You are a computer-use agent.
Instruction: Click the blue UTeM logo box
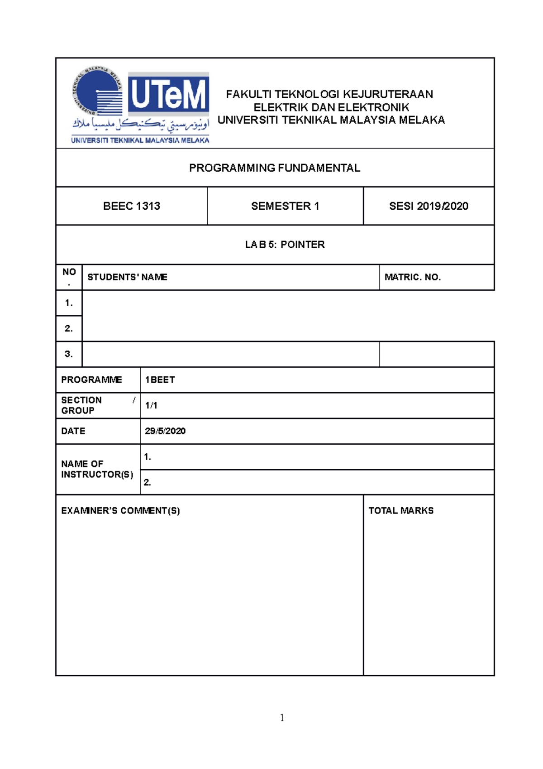point(168,94)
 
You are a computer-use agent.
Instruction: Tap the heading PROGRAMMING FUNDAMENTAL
point(274,168)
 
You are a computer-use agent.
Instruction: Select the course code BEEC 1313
point(131,206)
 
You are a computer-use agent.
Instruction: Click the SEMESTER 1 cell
point(285,206)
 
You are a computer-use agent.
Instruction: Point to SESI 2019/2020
point(428,206)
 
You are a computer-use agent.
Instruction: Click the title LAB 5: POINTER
point(285,245)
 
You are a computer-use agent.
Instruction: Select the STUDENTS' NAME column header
point(127,277)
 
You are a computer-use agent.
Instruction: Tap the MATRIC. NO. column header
point(412,277)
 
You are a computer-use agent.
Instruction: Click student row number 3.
point(69,354)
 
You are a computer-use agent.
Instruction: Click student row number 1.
point(69,303)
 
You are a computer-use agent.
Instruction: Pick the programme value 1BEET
point(160,380)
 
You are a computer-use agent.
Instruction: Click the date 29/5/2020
point(165,431)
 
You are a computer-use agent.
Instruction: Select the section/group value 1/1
point(151,405)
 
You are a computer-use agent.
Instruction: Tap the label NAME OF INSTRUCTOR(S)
point(97,469)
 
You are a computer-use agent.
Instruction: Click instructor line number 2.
point(148,482)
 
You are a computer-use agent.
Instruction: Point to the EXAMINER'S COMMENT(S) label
point(120,511)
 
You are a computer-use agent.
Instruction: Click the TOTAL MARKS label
point(400,511)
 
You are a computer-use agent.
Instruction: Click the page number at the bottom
point(282,717)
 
